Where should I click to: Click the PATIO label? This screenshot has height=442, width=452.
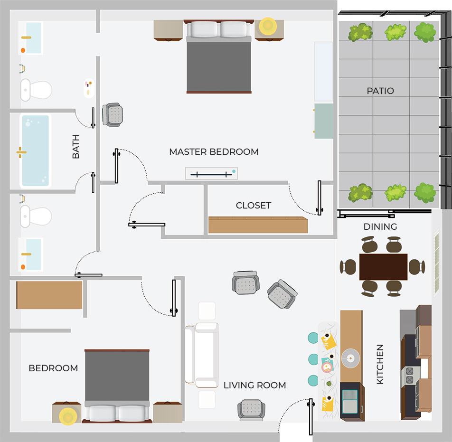pyautogui.click(x=380, y=91)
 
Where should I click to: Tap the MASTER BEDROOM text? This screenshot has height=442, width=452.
pyautogui.click(x=214, y=152)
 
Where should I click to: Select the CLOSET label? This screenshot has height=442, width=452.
pyautogui.click(x=254, y=206)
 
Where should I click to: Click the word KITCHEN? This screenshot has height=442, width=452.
pyautogui.click(x=380, y=365)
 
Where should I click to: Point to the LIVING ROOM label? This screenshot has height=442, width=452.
pyautogui.click(x=254, y=385)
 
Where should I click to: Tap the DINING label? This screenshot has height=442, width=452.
pyautogui.click(x=380, y=227)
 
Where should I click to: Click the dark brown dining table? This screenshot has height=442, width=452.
pyautogui.click(x=383, y=266)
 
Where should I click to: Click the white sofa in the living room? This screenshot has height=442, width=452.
pyautogui.click(x=202, y=354)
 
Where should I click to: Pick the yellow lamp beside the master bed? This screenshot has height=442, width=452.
pyautogui.click(x=267, y=25)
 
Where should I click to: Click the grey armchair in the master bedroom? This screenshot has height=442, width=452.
pyautogui.click(x=113, y=114)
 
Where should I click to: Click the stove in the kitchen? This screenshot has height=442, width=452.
pyautogui.click(x=409, y=376)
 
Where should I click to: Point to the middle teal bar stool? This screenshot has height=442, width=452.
pyautogui.click(x=313, y=358)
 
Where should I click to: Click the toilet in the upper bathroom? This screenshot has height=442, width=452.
pyautogui.click(x=36, y=89)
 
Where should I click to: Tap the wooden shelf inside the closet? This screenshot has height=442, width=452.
pyautogui.click(x=257, y=225)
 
